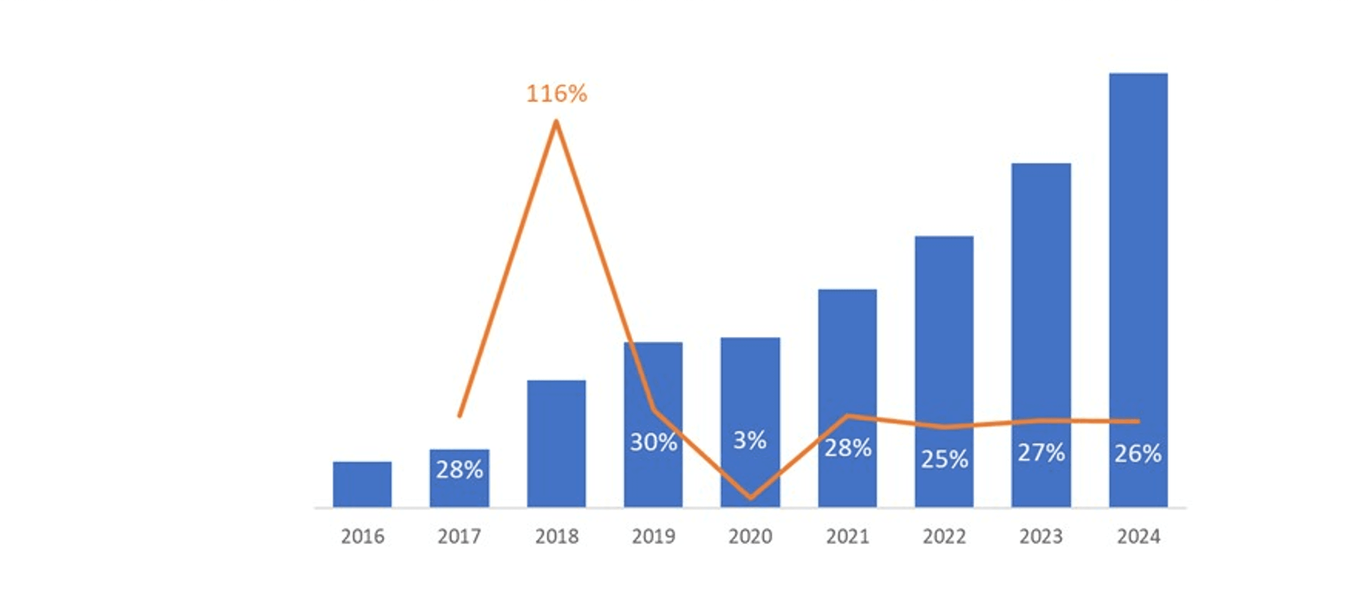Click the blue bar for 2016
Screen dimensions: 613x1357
(x=362, y=484)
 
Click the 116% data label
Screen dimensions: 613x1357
(x=556, y=94)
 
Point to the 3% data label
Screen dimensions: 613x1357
(x=750, y=440)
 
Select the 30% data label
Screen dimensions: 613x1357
(x=653, y=442)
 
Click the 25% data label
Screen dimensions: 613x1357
(x=944, y=459)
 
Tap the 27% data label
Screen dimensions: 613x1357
(x=1041, y=453)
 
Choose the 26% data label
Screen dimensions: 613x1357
(x=1138, y=454)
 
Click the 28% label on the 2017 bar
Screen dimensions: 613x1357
(x=459, y=470)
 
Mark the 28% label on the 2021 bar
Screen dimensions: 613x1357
(x=848, y=448)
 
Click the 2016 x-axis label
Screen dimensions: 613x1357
(x=362, y=536)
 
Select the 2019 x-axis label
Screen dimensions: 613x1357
(x=653, y=536)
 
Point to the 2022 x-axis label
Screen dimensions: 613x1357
(x=944, y=536)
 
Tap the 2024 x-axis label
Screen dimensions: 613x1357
(x=1138, y=536)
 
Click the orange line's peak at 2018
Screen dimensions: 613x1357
(x=556, y=122)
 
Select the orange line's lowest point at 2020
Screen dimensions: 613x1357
(x=750, y=497)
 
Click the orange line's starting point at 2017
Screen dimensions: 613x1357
(x=459, y=416)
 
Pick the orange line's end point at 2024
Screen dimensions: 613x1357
(x=1138, y=421)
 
